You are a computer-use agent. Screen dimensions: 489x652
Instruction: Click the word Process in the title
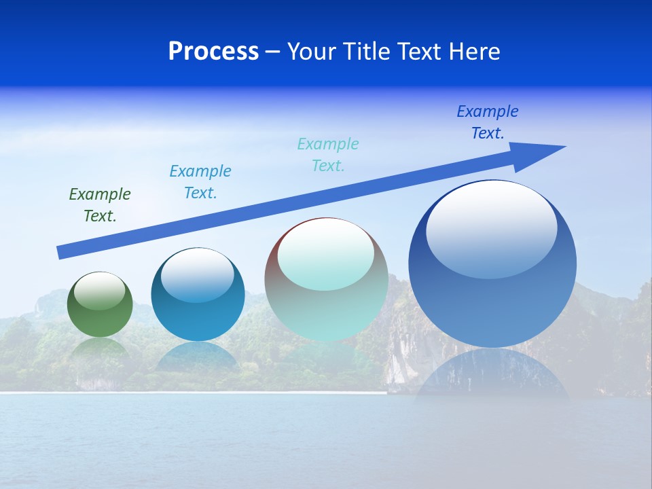click(x=213, y=52)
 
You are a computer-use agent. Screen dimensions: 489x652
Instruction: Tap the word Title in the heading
click(x=365, y=52)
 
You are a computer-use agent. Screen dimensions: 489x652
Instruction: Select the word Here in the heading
click(x=474, y=52)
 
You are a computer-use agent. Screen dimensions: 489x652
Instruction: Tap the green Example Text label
click(x=100, y=205)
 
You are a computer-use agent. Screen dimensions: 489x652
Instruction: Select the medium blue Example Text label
click(x=200, y=182)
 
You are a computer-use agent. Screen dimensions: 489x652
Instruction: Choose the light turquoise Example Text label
click(x=328, y=155)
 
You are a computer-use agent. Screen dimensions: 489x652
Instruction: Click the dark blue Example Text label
click(x=488, y=122)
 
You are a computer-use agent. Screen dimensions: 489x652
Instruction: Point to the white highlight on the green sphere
click(x=100, y=291)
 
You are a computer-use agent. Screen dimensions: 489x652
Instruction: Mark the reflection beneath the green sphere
click(x=100, y=350)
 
